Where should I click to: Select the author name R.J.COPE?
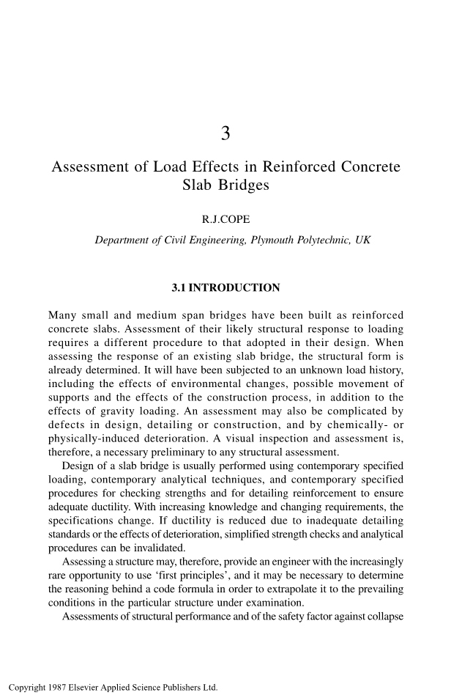225,218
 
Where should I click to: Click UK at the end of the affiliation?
362,240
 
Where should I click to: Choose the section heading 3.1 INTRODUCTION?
225,287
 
